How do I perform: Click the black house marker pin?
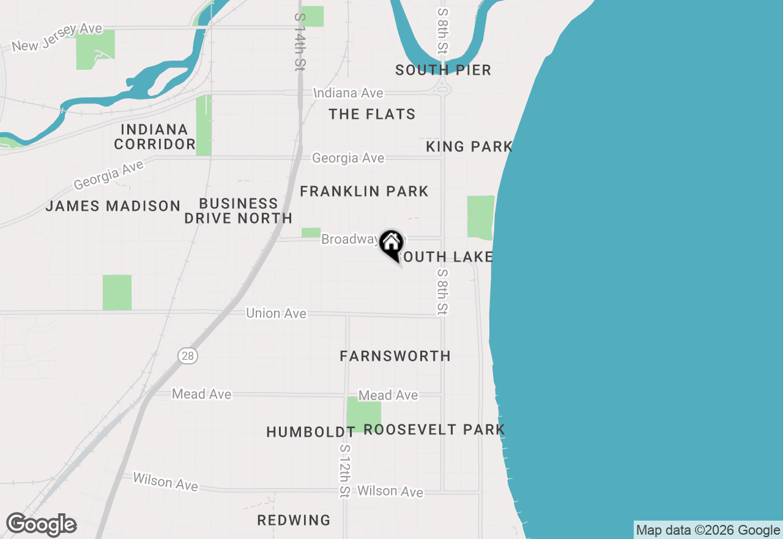pos(391,244)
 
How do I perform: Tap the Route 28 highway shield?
pos(188,355)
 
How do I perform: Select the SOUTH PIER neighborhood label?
pos(443,70)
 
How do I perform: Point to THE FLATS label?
pos(372,114)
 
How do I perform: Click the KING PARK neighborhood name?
pos(469,146)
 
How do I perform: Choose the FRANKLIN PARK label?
pos(364,191)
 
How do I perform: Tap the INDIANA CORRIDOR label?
pos(154,137)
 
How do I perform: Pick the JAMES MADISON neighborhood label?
pos(113,206)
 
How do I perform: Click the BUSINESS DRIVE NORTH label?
pos(238,211)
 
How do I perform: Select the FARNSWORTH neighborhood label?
pos(395,356)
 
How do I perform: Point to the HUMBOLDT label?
pos(311,432)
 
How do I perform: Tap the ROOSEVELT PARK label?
pos(434,429)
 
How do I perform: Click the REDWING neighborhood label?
pos(294,520)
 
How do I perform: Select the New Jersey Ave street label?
pos(57,37)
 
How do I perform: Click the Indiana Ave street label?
pos(348,93)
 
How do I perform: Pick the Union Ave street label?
pos(276,313)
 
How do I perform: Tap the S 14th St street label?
pos(299,41)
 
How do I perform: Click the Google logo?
pos(42,524)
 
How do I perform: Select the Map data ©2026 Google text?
pos(708,530)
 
